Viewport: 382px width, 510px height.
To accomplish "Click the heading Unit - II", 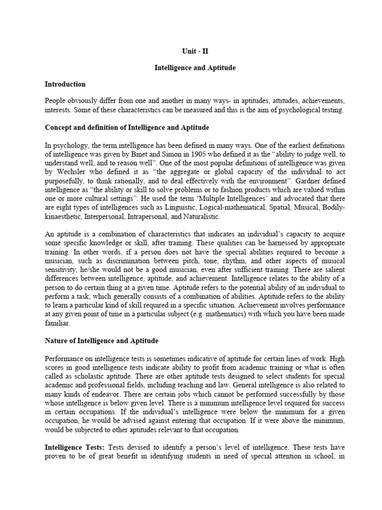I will (191, 51).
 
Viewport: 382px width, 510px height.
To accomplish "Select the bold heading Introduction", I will (65, 84).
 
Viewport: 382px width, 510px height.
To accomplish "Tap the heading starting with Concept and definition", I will (127, 128).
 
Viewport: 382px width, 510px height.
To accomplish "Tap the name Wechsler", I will (68, 173).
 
